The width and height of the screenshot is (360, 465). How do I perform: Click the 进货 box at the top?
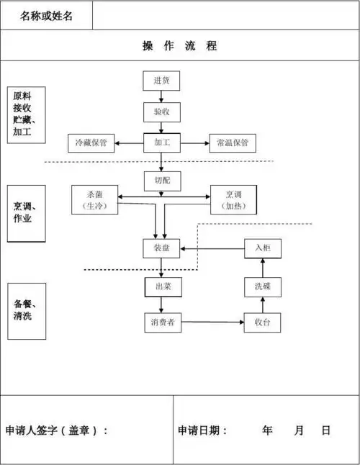click(161, 81)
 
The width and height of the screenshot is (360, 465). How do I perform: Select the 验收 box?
click(161, 112)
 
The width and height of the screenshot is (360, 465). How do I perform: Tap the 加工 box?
click(161, 143)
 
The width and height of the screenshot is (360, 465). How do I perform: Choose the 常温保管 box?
click(232, 143)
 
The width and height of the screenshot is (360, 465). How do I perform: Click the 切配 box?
click(161, 181)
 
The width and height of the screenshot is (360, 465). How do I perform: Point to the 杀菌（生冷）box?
click(94, 199)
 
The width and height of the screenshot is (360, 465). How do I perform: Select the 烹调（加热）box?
click(233, 199)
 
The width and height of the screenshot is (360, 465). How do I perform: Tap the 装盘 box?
click(161, 248)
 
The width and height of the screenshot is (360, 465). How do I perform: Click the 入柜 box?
click(263, 248)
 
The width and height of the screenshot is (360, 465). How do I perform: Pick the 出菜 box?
click(161, 286)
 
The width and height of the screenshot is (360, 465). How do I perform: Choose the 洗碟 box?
click(263, 286)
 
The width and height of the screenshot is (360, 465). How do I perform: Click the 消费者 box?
click(161, 322)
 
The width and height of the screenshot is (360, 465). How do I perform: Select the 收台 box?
click(263, 322)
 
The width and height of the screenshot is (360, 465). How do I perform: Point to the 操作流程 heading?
click(180, 46)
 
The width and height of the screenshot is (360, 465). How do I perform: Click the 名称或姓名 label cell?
click(47, 16)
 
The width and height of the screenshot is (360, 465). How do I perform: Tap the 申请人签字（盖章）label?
click(57, 430)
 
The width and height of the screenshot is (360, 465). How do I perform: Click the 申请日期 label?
click(202, 430)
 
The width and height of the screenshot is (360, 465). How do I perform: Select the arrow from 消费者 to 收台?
click(212, 322)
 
